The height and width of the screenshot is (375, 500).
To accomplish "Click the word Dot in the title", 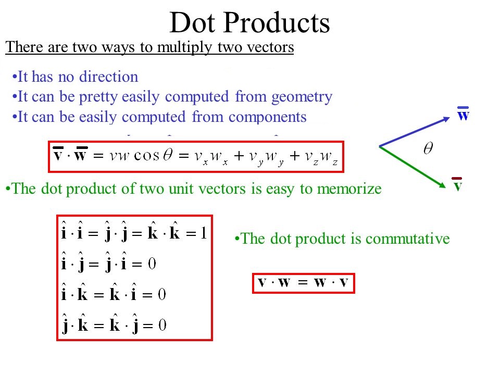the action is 192,22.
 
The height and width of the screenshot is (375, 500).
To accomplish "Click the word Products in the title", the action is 277,22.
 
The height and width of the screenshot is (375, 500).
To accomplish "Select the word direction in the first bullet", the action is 108,77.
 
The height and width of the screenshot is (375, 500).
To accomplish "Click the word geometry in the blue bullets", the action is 302,97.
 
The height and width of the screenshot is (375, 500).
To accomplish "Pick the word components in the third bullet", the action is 268,117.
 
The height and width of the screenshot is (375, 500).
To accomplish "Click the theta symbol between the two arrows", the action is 428,148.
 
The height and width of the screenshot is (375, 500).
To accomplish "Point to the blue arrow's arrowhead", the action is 446,119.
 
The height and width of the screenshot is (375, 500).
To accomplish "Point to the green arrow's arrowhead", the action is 442,185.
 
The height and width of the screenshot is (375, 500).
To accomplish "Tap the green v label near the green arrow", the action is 457,184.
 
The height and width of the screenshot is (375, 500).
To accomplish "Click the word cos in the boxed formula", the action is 146,156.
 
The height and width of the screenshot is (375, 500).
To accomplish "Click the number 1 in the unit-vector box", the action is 204,233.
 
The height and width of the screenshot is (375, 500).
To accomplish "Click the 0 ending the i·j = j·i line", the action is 152,264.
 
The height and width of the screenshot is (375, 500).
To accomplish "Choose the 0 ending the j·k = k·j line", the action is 162,325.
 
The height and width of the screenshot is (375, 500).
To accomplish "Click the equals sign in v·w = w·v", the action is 302,282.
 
